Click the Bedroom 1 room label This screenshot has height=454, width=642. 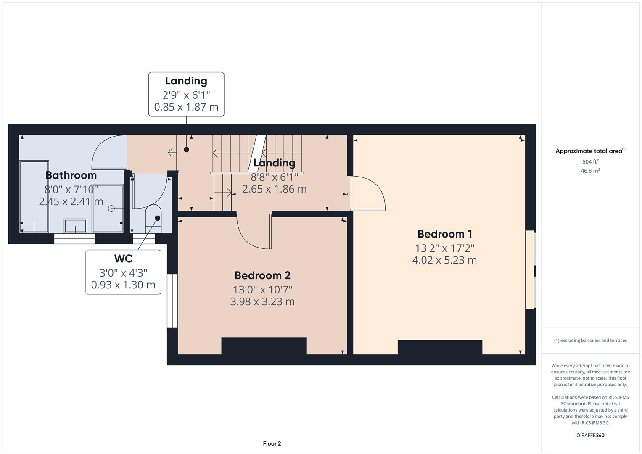click(444, 234)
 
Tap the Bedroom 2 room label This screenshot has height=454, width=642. click(262, 275)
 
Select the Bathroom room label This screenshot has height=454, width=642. click(71, 175)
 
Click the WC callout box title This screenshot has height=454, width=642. click(123, 258)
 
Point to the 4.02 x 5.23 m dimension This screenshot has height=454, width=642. click(444, 260)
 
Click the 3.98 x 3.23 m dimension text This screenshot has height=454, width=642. click(262, 301)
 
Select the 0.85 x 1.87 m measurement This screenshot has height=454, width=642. click(186, 107)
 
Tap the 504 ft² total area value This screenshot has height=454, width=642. click(590, 161)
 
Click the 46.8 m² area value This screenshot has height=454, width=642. click(590, 171)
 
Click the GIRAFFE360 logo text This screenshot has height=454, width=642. click(590, 435)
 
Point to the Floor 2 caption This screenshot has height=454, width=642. click(272, 443)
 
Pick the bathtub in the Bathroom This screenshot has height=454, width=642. click(34, 196)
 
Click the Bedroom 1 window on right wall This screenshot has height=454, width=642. click(531, 269)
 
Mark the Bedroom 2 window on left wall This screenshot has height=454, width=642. click(172, 301)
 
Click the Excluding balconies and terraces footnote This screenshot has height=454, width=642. click(590, 340)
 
